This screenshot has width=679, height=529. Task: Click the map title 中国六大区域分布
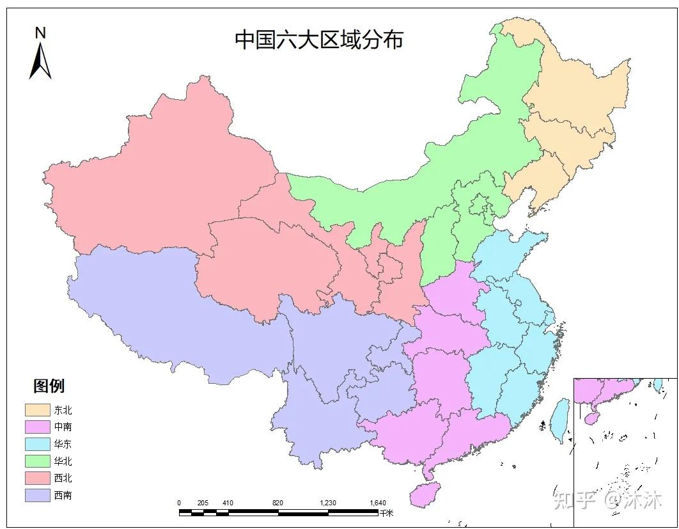pos(319,40)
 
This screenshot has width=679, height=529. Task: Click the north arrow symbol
pos(40,61)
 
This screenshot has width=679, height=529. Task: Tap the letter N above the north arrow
pos(40,33)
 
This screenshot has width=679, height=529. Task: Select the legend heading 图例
pos(49,386)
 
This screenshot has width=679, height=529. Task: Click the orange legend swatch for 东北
pos(37,410)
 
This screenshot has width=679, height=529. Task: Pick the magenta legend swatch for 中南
pos(37,427)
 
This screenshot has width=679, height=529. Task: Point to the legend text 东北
pos(63,410)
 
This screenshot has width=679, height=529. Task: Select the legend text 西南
pos(63,495)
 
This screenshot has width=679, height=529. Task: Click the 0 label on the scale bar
pos(179,503)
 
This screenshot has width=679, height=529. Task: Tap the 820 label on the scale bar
pos(277,503)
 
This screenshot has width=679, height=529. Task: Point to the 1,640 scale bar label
pos(377,503)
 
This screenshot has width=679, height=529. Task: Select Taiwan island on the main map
pos(561,420)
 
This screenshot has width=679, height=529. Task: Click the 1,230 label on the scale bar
pos(327,503)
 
